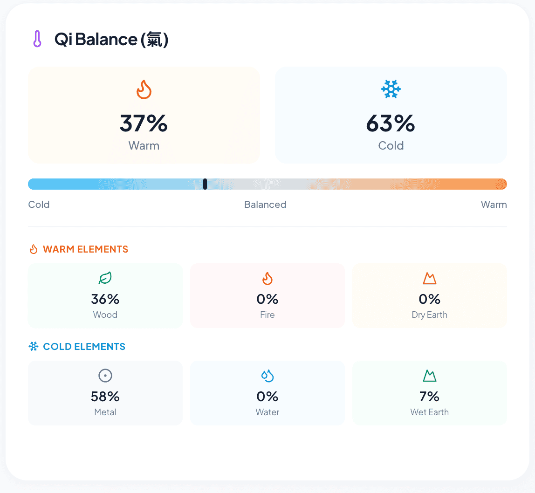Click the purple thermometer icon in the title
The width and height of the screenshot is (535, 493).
coord(37,39)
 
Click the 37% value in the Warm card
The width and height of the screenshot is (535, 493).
coord(144,123)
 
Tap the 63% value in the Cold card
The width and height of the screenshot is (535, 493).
coord(391,123)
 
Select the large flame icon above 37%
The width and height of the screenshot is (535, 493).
coord(144,89)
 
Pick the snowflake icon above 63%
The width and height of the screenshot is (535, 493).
coord(391,89)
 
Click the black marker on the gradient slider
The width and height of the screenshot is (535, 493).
coord(205,184)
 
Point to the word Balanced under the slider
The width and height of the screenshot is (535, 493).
coord(265,205)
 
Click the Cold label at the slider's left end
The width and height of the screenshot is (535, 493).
coord(39,205)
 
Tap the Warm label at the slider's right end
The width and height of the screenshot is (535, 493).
coord(494,205)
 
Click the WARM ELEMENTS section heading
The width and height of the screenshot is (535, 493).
coord(85,249)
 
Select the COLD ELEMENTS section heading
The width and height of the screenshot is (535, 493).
coord(84,347)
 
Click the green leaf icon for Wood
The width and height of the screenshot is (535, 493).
coord(105,279)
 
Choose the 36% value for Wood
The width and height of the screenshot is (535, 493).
coord(105,299)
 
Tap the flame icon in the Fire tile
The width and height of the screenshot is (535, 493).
coord(267,279)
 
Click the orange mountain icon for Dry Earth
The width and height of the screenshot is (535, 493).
coord(429,279)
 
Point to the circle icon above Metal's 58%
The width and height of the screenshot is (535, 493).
coord(105,376)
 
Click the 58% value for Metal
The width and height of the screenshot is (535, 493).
coord(105,396)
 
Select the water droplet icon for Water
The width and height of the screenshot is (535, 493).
coord(267,376)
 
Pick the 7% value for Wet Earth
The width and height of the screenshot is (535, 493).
coord(429,396)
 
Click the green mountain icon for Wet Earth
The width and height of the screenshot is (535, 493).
coord(429,376)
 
